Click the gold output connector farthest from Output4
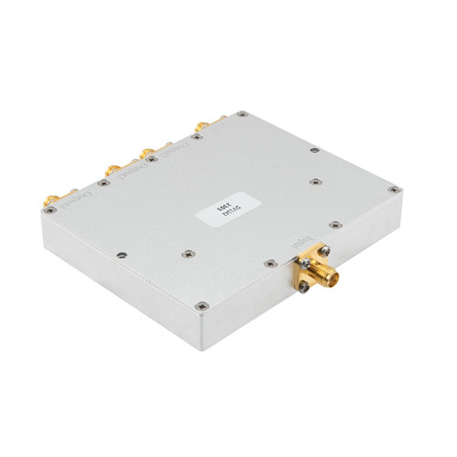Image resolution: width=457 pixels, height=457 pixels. tap(199, 127)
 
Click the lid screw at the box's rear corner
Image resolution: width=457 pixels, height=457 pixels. tap(241, 115)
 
